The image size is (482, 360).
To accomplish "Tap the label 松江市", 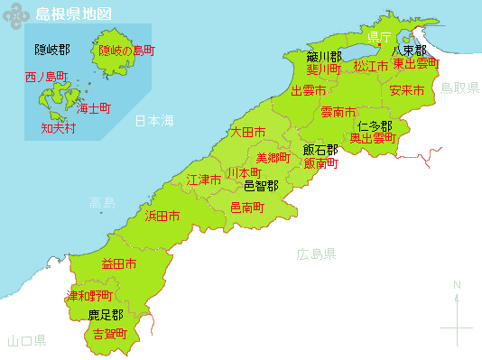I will [x=371, y=66].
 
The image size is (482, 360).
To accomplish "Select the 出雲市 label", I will [x=309, y=90].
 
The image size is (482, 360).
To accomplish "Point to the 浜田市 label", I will [x=162, y=217].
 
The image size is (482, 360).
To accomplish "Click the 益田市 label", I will [x=119, y=264].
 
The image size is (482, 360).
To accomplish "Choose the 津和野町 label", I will [x=90, y=296].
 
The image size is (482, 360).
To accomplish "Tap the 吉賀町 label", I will [x=111, y=334].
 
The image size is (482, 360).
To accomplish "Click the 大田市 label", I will [x=247, y=132].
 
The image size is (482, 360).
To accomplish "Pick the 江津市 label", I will [x=204, y=180].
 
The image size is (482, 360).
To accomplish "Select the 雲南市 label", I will [x=338, y=112].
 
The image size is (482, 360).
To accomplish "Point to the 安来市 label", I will [x=407, y=90].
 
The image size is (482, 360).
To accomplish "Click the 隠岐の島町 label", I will [x=126, y=50].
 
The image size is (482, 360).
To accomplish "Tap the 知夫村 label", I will [x=59, y=128].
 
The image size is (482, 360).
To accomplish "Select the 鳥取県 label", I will [x=458, y=88].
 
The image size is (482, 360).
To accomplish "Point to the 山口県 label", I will [x=26, y=341].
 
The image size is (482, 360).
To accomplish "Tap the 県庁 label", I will [x=379, y=37].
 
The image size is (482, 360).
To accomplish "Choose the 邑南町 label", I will [x=247, y=208].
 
